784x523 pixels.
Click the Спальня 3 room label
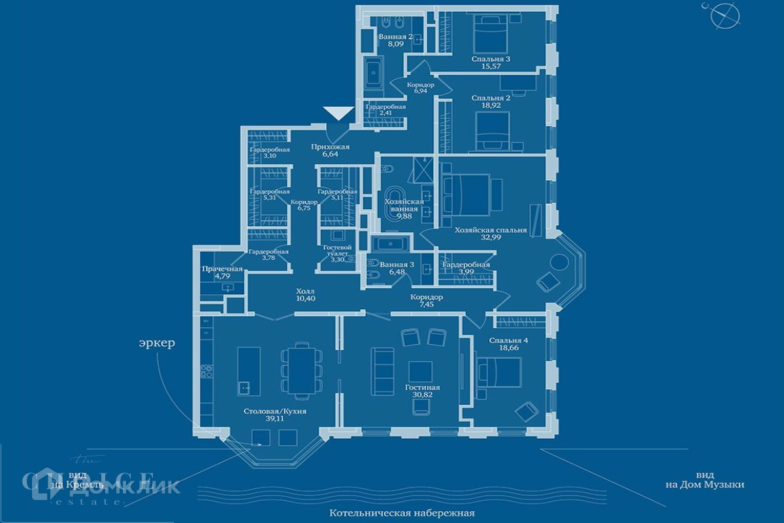491,59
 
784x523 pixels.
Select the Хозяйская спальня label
491,230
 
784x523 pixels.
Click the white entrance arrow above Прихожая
338,113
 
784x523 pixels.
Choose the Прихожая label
331,147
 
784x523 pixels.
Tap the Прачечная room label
222,269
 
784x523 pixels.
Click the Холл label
305,291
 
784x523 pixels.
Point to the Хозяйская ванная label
400,206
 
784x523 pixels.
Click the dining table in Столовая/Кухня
301,370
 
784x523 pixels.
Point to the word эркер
157,344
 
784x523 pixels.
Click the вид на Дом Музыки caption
704,480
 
